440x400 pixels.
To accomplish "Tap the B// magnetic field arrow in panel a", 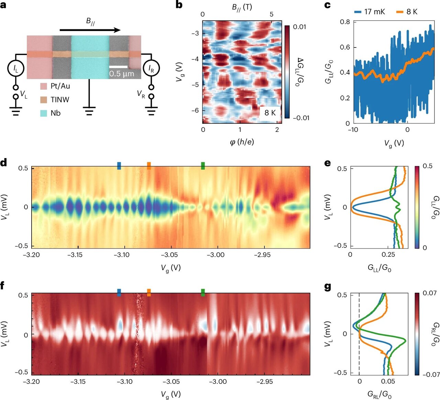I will click(90, 30).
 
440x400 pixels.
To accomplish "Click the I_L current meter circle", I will click(16, 69).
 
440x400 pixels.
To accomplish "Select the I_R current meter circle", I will click(151, 69).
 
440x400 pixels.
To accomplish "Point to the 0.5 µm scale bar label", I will click(122, 74).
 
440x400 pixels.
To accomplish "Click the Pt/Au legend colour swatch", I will click(43, 86).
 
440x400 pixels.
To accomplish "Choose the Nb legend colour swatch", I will click(43, 113).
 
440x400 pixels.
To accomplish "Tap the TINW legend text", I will click(60, 100).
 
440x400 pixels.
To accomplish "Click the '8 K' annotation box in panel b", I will click(270, 112).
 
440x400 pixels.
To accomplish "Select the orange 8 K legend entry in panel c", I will click(407, 12).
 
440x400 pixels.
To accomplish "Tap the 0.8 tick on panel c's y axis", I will click(345, 22).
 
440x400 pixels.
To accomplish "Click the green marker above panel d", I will click(203, 166).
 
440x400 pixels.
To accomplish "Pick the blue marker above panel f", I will click(119, 292).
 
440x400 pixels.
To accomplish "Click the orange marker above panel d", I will click(149, 166).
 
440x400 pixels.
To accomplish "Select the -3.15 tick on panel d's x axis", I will click(78, 255).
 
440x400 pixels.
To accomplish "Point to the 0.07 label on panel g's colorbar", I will click(430, 293).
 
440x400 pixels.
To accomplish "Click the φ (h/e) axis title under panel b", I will click(242, 142).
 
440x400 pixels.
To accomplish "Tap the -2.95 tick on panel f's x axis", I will click(264, 381).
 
